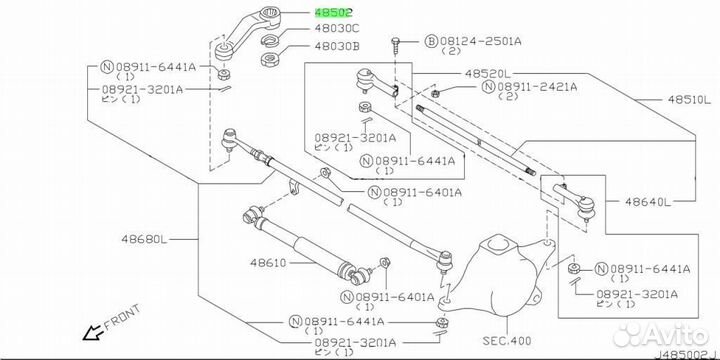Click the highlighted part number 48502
click(333, 12)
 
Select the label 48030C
click(337, 28)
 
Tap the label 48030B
click(337, 46)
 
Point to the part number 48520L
click(488, 73)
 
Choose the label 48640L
click(646, 201)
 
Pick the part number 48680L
click(145, 239)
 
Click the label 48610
click(268, 263)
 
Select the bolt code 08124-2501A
click(481, 41)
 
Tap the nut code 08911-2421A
click(537, 86)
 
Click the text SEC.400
click(506, 341)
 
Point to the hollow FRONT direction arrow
click(92, 332)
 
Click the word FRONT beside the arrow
click(122, 317)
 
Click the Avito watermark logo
click(661, 332)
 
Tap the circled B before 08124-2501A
click(431, 41)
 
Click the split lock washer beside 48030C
click(270, 40)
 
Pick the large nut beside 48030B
click(270, 59)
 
